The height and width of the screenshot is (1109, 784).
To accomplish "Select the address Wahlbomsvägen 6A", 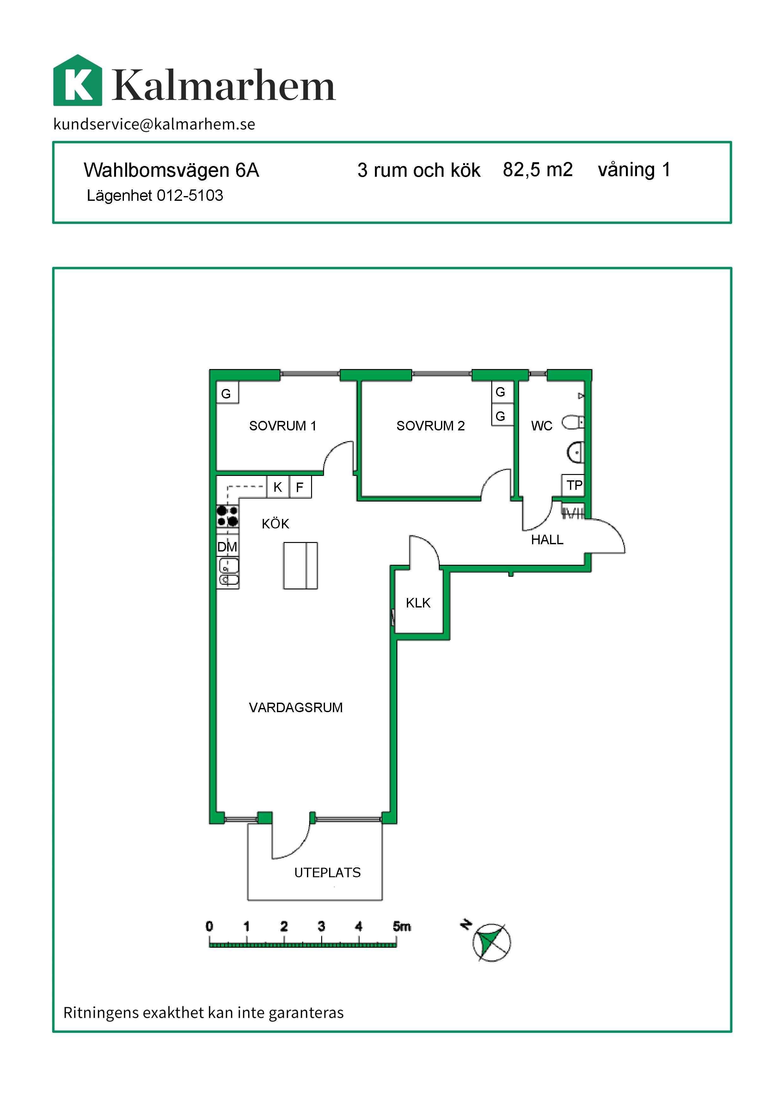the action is click(171, 170).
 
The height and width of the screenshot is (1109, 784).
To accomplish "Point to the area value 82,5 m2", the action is click(537, 169).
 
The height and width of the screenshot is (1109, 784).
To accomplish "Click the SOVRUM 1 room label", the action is click(282, 426).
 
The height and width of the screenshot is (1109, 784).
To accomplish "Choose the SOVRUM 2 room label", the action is click(430, 426).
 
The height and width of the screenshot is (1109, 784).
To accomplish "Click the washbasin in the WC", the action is click(575, 453).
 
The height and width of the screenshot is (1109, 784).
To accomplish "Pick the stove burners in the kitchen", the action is click(227, 516).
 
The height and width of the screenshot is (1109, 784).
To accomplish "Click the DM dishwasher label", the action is click(227, 547).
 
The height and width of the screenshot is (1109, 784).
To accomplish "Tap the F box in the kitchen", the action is click(300, 487).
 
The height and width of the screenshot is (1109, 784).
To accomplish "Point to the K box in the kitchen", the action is click(278, 487).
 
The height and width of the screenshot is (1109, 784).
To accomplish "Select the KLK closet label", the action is click(418, 603).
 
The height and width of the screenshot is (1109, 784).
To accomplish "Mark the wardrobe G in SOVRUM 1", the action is click(227, 393).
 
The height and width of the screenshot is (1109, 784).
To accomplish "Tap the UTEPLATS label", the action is click(327, 872).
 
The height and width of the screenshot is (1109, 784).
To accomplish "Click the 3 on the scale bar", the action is click(322, 926).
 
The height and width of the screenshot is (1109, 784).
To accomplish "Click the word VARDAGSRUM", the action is click(296, 708).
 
